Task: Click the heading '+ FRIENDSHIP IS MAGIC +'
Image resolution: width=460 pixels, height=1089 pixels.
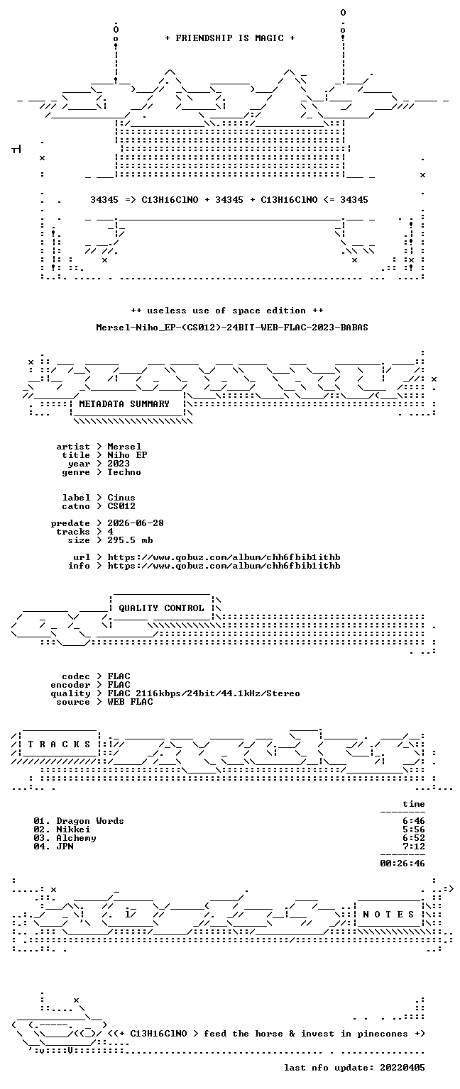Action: [x=230, y=38]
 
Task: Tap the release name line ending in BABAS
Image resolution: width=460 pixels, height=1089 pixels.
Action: [x=231, y=328]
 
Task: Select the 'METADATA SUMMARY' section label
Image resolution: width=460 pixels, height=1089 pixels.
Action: [x=124, y=404]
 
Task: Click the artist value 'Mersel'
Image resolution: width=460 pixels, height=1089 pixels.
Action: [x=125, y=447]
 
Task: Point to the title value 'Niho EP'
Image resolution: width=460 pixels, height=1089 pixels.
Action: [x=127, y=456]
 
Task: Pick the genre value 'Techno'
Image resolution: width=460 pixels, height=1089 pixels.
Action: [x=124, y=473]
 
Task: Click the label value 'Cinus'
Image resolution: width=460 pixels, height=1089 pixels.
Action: [x=121, y=498]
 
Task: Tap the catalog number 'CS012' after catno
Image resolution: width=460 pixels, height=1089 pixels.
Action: [x=121, y=507]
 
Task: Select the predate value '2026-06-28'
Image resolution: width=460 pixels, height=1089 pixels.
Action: [x=136, y=524]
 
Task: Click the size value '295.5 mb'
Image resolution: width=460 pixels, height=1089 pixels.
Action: [x=130, y=541]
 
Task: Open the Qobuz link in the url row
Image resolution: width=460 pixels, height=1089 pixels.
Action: [x=224, y=558]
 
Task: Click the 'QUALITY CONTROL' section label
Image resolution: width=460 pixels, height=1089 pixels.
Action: [x=161, y=608]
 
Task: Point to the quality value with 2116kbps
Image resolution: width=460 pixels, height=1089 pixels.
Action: [x=204, y=694]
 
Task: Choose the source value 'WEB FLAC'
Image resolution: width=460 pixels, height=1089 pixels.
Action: [x=130, y=702]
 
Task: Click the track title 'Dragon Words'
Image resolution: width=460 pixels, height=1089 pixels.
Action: [x=90, y=821]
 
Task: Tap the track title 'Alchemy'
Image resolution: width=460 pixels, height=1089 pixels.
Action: [x=76, y=838]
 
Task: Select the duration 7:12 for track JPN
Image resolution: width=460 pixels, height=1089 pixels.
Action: [x=414, y=847]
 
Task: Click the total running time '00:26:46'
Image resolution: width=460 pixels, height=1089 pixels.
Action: [x=402, y=864]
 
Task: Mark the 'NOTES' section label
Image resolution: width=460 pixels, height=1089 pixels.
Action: [x=388, y=915]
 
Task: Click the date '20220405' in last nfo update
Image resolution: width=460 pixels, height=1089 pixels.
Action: [x=402, y=1068]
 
